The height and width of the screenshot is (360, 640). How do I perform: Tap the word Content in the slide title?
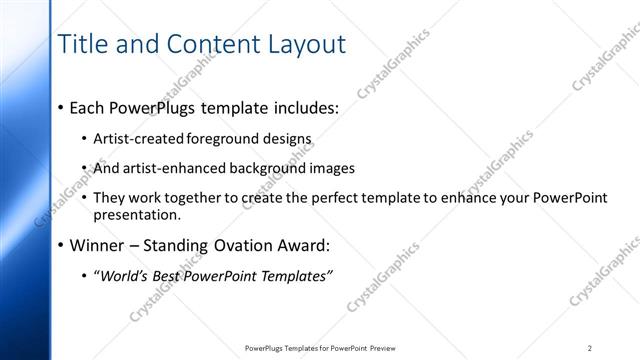coord(207,44)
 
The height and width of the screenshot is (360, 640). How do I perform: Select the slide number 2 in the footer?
coord(589,348)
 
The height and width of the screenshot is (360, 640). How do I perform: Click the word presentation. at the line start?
coord(137,214)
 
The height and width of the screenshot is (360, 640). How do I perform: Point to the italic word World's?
coord(122,276)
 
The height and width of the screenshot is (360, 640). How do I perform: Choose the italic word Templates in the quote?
coord(294,276)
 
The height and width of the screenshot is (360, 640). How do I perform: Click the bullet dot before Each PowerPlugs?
coord(61,106)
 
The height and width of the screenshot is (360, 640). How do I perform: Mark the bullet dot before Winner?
coord(61,246)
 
